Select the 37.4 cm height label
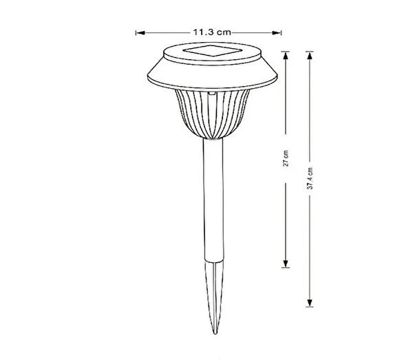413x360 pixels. pyautogui.click(x=311, y=178)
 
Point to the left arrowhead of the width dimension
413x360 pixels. pyautogui.click(x=138, y=31)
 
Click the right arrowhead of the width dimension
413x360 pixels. pyautogui.click(x=280, y=31)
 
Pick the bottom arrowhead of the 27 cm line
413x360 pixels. pyautogui.click(x=285, y=266)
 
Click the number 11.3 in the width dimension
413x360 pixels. pyautogui.click(x=202, y=31)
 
